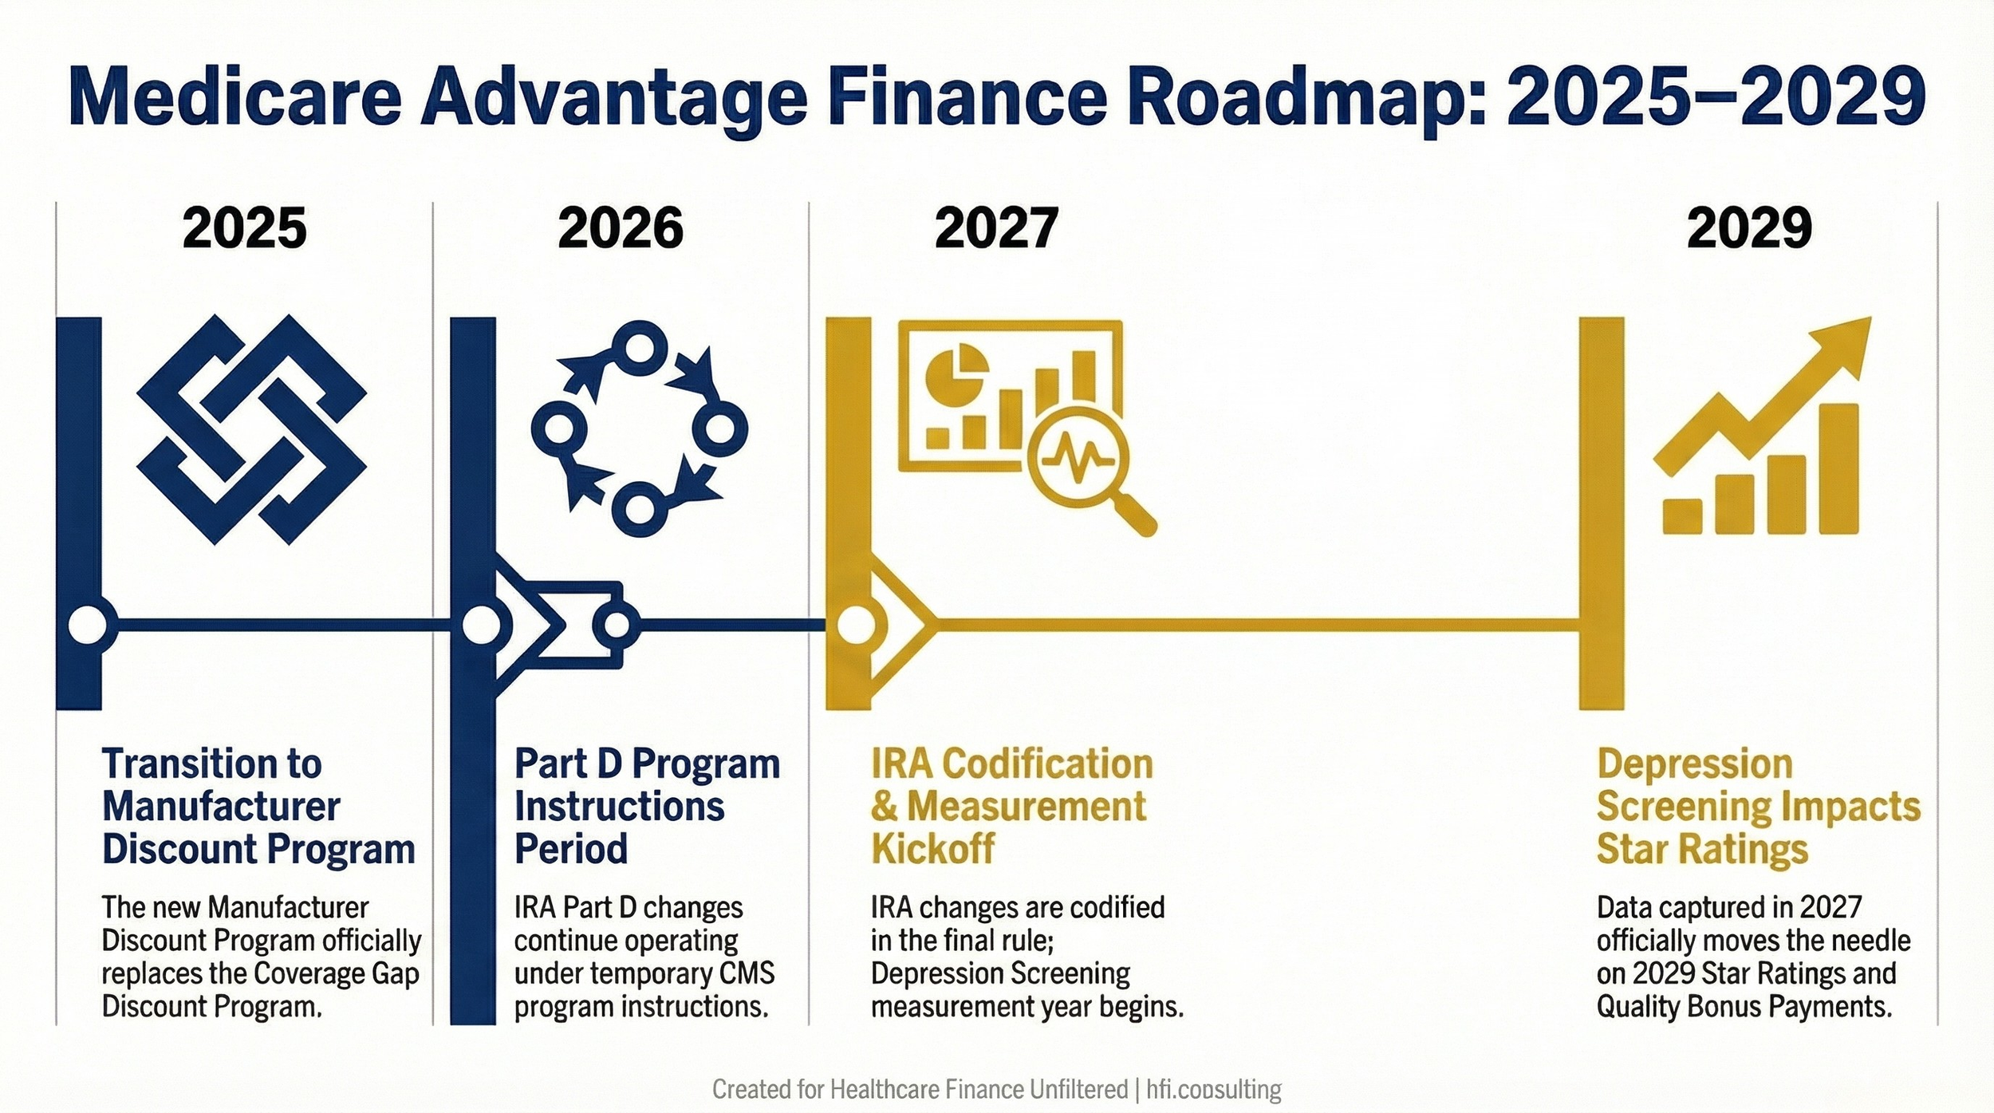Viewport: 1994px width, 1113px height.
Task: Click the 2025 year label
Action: pyautogui.click(x=244, y=228)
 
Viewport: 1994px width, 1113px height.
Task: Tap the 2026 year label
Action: pyautogui.click(x=621, y=228)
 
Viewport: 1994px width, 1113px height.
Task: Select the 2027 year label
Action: pyautogui.click(x=996, y=228)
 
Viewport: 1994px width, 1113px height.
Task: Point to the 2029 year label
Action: pyautogui.click(x=1749, y=228)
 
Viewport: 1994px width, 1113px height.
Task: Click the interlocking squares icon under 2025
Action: pyautogui.click(x=251, y=429)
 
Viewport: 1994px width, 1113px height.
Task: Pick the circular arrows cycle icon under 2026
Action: pyautogui.click(x=639, y=428)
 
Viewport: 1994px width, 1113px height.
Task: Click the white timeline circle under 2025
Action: pyautogui.click(x=87, y=625)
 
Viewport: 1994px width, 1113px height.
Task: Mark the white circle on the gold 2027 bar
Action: pyautogui.click(x=855, y=625)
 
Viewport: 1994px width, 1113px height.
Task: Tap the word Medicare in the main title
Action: pyautogui.click(x=235, y=97)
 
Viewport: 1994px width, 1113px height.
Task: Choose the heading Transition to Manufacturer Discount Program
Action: pyautogui.click(x=258, y=806)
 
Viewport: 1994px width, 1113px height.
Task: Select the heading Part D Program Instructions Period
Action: pyautogui.click(x=646, y=806)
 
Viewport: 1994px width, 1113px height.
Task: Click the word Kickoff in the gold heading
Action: pyautogui.click(x=932, y=849)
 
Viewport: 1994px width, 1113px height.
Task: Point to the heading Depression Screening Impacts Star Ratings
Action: pyautogui.click(x=1758, y=806)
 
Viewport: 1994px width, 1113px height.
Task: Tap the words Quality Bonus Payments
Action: pyautogui.click(x=1744, y=1007)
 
